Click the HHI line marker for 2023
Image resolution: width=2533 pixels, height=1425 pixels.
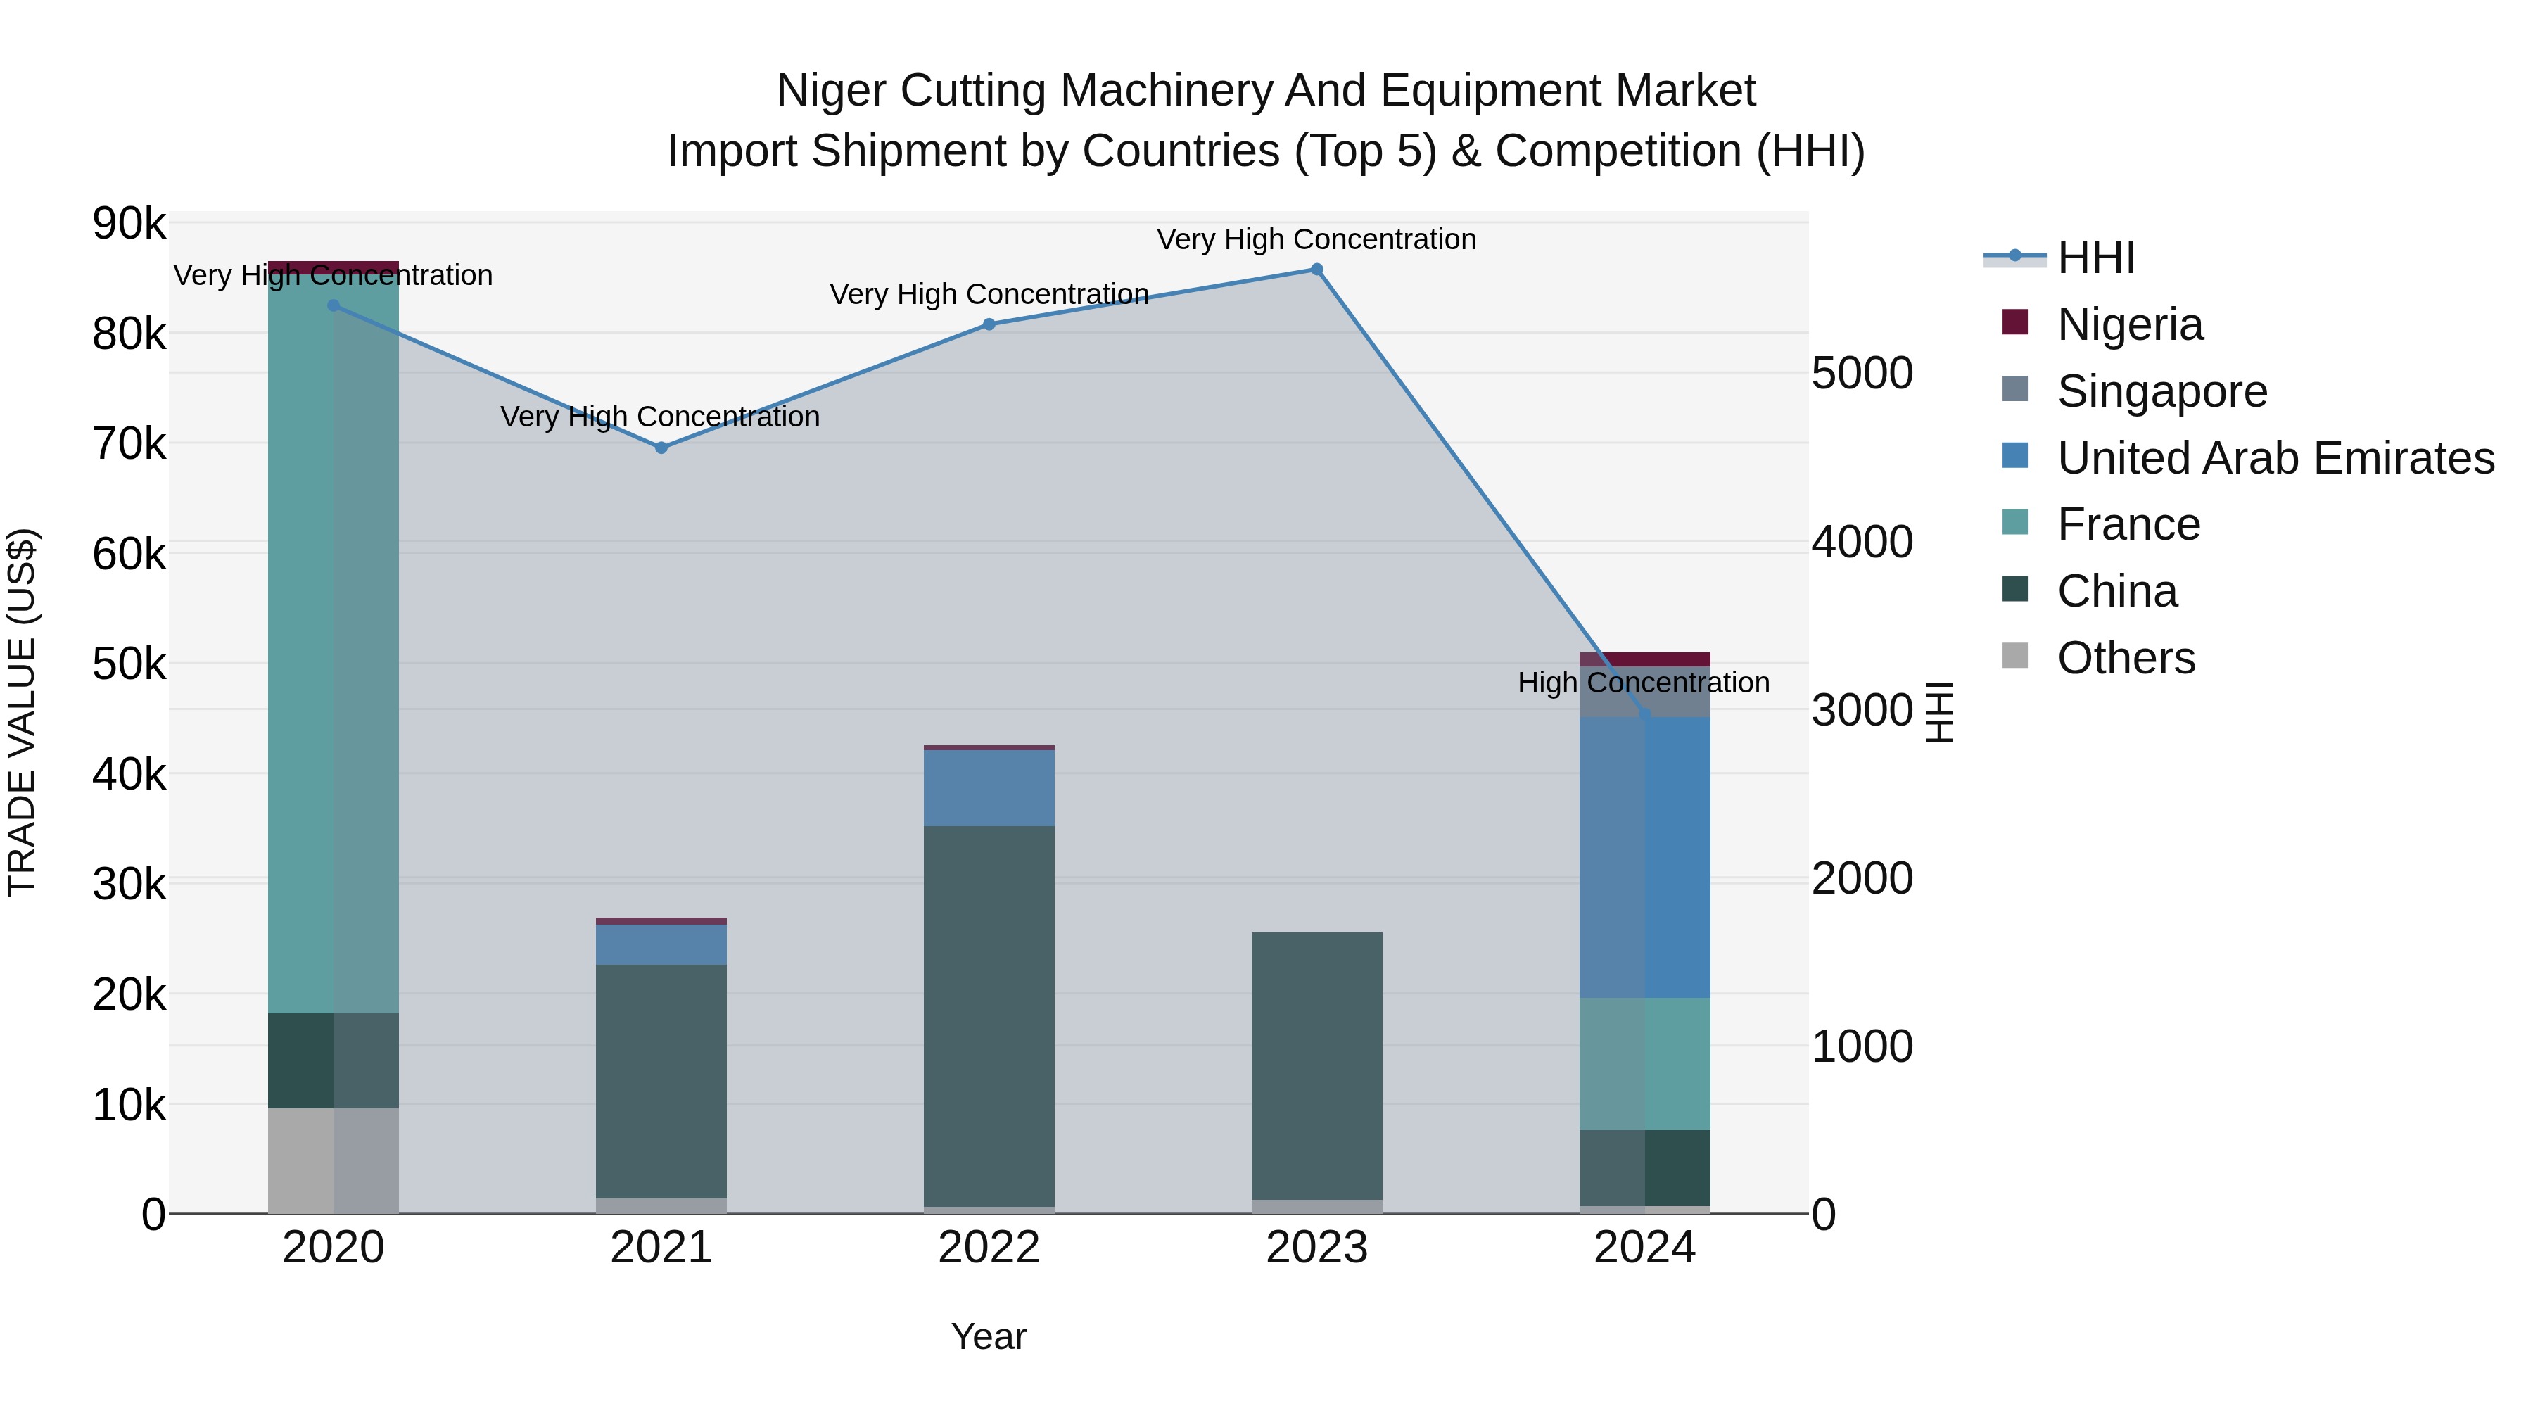coord(1316,270)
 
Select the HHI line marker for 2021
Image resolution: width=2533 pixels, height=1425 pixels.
coord(661,448)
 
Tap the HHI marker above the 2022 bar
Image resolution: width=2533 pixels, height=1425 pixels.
coord(989,324)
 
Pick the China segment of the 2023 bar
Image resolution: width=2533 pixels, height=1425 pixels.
coord(1316,1067)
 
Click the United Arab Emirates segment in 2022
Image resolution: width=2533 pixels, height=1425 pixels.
coord(989,787)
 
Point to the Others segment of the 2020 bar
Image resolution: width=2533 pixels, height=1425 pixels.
coord(334,1160)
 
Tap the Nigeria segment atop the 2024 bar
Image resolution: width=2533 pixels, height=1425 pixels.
coord(1644,659)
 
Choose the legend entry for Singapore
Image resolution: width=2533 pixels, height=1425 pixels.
coord(2161,391)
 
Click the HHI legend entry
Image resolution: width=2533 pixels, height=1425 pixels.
coord(2095,258)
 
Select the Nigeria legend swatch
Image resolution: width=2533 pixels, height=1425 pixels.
coord(2015,322)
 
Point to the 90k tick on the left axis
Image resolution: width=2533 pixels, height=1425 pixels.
coord(129,224)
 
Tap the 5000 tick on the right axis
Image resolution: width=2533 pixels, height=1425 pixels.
coord(1861,374)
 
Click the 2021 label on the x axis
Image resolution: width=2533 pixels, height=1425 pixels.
coord(661,1248)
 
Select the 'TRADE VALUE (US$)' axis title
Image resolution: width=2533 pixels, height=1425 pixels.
coord(22,712)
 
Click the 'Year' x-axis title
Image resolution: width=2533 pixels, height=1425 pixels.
coord(989,1336)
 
